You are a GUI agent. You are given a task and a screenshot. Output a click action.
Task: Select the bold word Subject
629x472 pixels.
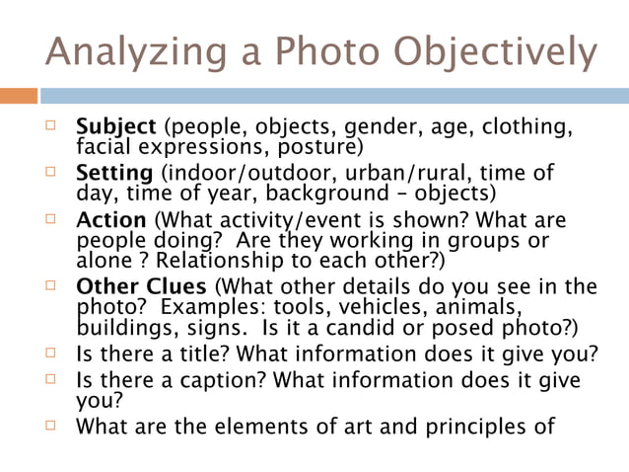(x=116, y=128)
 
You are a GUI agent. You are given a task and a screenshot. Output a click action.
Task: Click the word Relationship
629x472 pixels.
(x=216, y=261)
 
